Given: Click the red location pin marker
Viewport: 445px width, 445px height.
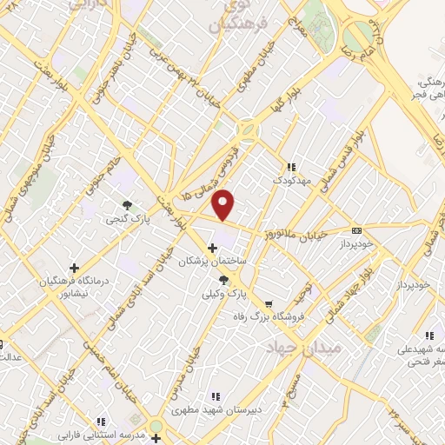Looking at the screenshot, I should [224, 204].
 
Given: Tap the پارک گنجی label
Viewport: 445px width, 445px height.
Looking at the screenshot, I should [129, 221].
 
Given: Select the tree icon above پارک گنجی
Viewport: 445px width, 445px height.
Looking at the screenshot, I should [128, 206].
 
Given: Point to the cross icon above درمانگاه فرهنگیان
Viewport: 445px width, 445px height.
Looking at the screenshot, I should [74, 268].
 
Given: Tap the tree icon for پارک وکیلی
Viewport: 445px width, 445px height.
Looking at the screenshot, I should [224, 279].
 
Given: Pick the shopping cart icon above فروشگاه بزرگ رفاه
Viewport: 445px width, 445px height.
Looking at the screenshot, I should [269, 304].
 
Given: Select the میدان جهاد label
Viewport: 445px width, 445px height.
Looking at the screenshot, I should [317, 347].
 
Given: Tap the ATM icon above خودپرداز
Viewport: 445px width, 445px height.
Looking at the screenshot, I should [356, 230].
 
